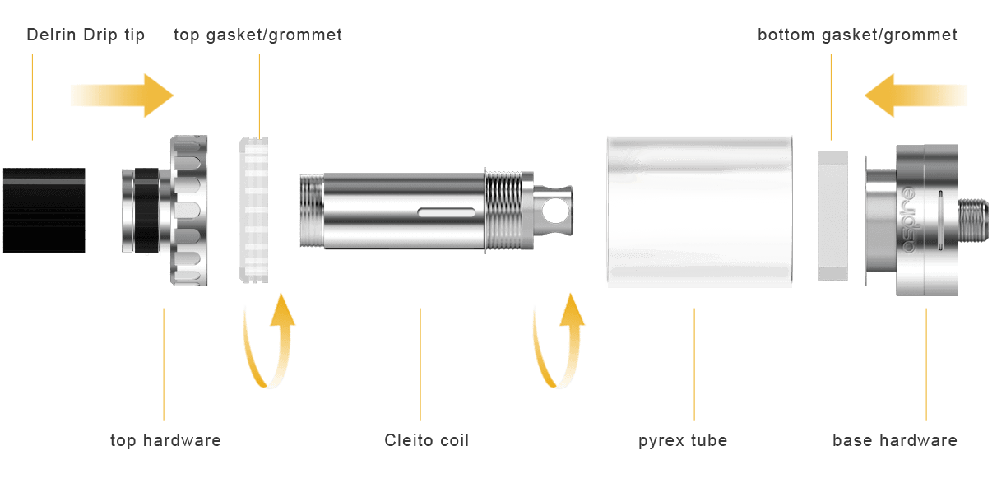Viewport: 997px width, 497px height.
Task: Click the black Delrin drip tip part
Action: (x=44, y=210)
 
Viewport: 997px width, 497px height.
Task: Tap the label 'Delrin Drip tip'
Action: (x=86, y=35)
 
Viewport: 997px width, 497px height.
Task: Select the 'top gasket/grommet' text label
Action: (x=258, y=35)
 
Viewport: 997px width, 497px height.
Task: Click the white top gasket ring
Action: (x=257, y=211)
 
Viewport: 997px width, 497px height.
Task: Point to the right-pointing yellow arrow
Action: (x=121, y=95)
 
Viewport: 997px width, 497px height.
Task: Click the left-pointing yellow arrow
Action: (x=916, y=95)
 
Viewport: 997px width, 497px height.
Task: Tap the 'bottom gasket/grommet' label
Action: (x=857, y=35)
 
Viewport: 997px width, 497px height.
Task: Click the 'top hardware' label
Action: (x=165, y=440)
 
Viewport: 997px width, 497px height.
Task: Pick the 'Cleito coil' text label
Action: (x=426, y=440)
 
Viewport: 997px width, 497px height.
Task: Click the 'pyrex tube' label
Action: (x=683, y=440)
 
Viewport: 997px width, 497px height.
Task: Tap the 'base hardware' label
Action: (x=895, y=440)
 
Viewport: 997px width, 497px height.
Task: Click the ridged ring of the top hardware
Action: (x=190, y=211)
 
